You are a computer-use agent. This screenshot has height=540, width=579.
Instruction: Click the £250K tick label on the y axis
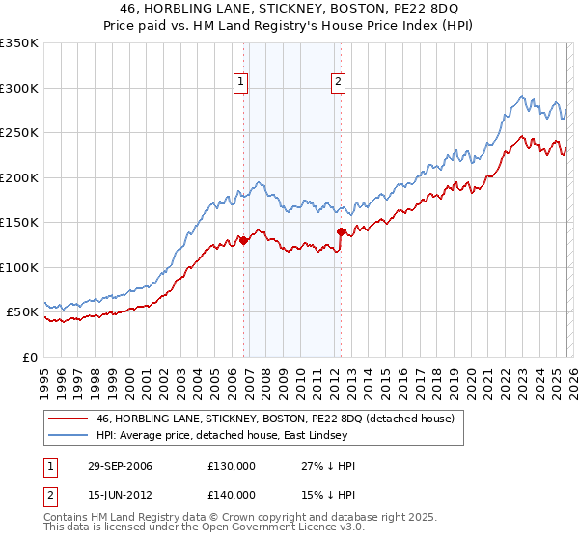19,133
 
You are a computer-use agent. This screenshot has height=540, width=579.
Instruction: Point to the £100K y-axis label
19,267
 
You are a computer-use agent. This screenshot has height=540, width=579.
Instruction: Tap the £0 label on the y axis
30,357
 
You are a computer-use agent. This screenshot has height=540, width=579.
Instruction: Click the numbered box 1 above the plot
240,83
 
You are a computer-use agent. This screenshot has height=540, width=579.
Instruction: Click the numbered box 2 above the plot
339,83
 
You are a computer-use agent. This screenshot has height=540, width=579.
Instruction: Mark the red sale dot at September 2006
243,241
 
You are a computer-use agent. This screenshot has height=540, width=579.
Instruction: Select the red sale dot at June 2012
341,231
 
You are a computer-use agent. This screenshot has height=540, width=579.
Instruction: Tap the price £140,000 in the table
232,495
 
